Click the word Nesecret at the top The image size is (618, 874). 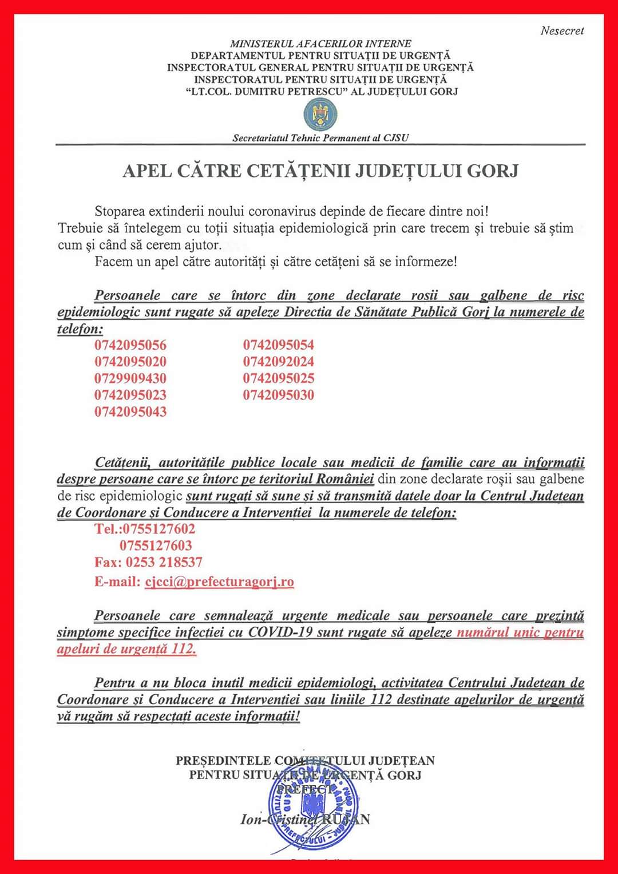pos(562,31)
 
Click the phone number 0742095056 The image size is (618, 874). pos(130,345)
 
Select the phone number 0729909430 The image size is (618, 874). pos(130,378)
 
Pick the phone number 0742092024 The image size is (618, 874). pos(279,362)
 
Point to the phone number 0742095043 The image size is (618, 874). pos(130,412)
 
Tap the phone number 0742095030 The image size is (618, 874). pos(279,395)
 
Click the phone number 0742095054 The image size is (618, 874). pos(279,345)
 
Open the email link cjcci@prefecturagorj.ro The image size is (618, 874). pos(219,582)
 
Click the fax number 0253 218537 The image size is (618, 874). pos(164,562)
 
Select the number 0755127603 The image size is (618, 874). pos(156,545)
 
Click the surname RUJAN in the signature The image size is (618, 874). pos(346,820)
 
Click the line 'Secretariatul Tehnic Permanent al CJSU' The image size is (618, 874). pos(320,138)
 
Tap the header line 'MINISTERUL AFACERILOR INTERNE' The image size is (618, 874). pos(320,43)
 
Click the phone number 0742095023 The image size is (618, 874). pos(130,395)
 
